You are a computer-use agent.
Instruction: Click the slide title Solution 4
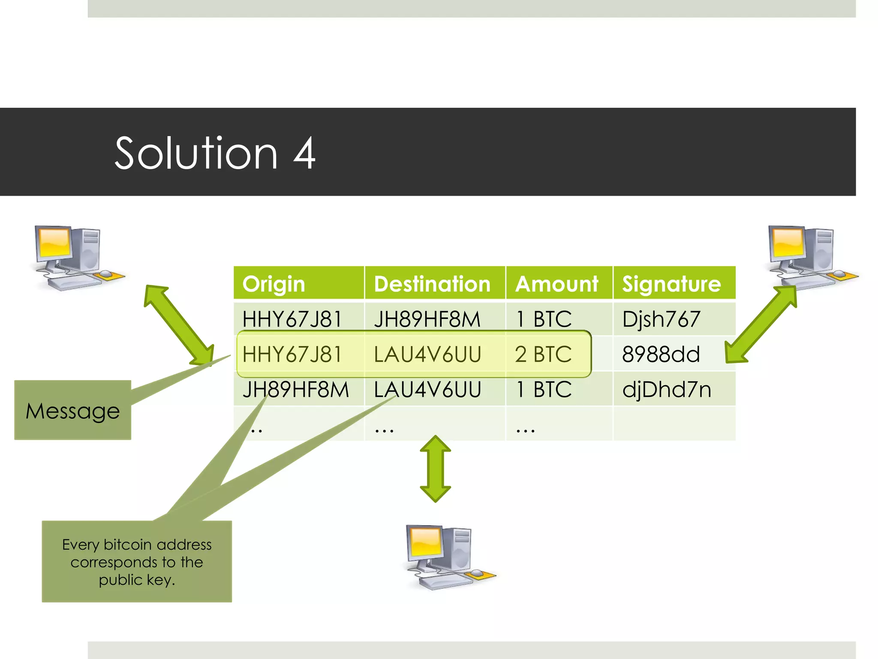pos(215,153)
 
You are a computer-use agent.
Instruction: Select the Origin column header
pos(274,284)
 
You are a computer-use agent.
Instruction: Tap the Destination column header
pos(432,284)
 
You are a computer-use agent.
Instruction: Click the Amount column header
pos(556,284)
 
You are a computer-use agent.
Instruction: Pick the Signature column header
pos(671,284)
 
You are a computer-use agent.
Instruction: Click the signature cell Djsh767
pos(661,319)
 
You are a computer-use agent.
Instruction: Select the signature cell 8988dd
pos(661,354)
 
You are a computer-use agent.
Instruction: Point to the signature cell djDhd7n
pos(667,390)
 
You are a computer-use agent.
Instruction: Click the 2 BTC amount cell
pos(543,354)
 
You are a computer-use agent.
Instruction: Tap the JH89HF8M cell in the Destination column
pos(427,319)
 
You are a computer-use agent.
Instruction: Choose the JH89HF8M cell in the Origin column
pos(296,390)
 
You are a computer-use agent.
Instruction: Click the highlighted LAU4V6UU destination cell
pos(427,354)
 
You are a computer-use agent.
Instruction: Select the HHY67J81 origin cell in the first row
pos(292,319)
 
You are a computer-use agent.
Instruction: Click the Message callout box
pos(73,410)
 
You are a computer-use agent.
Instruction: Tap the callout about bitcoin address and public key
pos(137,561)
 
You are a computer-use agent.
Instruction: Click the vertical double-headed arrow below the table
pos(435,469)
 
